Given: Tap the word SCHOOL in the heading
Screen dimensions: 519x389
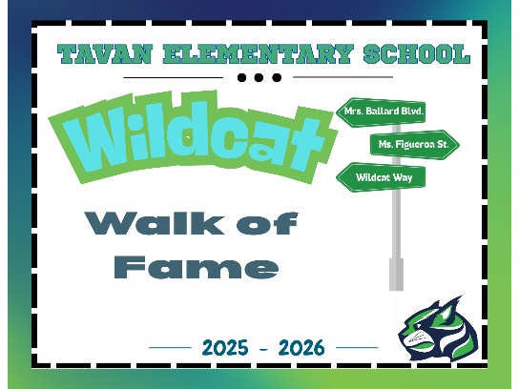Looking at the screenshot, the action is (x=417, y=54).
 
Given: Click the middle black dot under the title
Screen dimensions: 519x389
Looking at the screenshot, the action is (x=259, y=78).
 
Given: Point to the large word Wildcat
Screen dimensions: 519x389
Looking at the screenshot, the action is (x=193, y=137).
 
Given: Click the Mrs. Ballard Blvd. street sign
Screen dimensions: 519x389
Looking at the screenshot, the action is (x=381, y=112).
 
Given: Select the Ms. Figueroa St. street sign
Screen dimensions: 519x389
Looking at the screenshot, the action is (x=414, y=145).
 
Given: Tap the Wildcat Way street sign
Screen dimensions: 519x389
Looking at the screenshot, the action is (x=381, y=177).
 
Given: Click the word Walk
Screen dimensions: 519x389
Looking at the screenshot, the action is (x=155, y=223).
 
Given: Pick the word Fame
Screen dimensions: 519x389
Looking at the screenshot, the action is (x=196, y=267).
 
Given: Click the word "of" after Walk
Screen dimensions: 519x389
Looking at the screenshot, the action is (x=267, y=223).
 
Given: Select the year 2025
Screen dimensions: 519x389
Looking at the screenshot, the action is (x=225, y=348).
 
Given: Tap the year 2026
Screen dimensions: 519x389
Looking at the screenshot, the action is (x=301, y=348).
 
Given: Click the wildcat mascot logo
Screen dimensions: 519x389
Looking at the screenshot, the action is (x=438, y=329).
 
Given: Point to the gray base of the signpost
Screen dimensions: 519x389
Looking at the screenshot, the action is (x=396, y=275).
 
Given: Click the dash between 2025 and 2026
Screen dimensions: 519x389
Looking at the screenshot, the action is (x=263, y=349).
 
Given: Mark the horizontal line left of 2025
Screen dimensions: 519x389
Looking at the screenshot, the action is (x=170, y=348).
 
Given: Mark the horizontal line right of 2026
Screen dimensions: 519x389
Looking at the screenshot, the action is (x=357, y=348).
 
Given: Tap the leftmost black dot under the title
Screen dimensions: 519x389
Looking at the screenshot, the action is (x=242, y=78).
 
